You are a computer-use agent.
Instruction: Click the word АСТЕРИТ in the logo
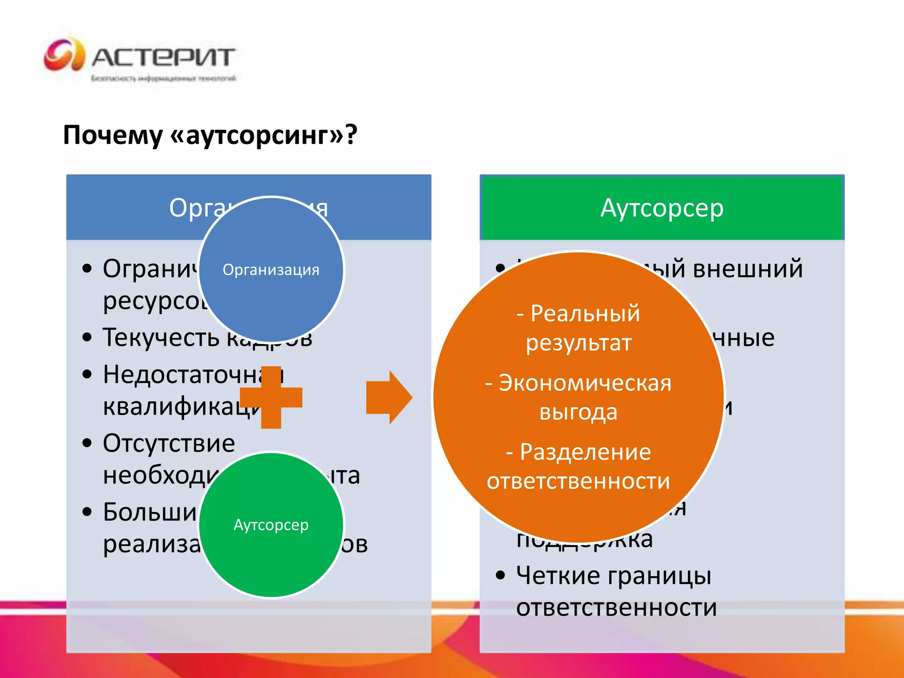[x=163, y=57]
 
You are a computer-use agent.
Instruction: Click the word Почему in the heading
[x=113, y=135]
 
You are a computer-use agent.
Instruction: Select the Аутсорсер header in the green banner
[x=662, y=208]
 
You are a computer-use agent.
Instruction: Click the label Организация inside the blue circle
[x=271, y=269]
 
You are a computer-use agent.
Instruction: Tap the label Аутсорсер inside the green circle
[x=271, y=525]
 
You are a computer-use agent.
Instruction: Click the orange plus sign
[x=271, y=397]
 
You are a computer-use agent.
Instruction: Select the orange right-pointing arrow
[x=389, y=397]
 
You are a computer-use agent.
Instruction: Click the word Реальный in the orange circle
[x=585, y=313]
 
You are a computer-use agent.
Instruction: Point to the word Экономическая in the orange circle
[x=585, y=383]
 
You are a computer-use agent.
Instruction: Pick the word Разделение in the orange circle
[x=585, y=452]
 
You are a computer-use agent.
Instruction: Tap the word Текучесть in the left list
[x=161, y=338]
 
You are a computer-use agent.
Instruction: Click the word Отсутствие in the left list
[x=169, y=443]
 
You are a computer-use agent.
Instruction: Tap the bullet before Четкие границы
[x=500, y=575]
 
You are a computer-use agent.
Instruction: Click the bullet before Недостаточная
[x=87, y=374]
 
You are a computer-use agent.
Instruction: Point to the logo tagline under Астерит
[x=163, y=79]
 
